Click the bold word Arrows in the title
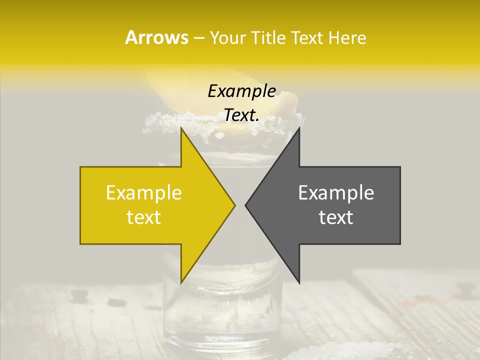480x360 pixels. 156,37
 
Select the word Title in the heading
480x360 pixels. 268,37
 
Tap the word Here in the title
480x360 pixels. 347,37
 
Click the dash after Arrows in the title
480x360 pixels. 198,38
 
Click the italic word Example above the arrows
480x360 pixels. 241,91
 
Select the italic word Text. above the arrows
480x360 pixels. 241,115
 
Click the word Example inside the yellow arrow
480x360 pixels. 143,192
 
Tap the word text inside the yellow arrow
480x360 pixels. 143,217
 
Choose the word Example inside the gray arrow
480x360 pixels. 336,192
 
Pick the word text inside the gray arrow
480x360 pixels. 336,217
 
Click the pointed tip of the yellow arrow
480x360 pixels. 235,205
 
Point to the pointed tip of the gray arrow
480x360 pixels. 245,205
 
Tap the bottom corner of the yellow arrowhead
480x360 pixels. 181,282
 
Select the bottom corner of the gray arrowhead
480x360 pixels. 299,282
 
